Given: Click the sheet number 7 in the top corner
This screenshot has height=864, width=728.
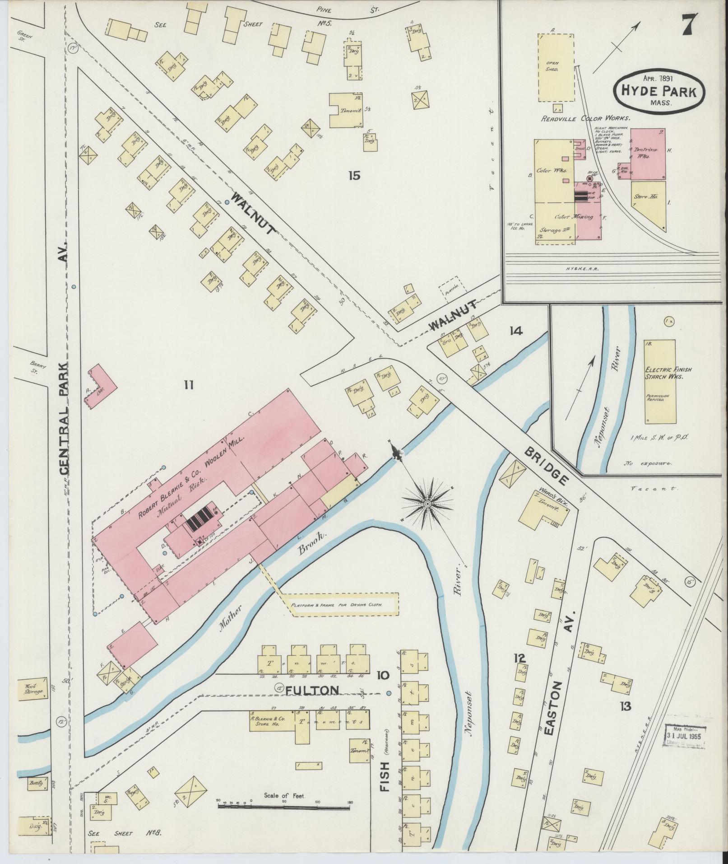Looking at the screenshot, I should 689,23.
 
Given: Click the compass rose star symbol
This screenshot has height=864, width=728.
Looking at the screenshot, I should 427,503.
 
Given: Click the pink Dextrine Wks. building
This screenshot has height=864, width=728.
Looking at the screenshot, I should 648,153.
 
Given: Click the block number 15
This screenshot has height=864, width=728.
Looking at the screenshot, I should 354,175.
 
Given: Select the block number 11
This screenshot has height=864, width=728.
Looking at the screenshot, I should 189,385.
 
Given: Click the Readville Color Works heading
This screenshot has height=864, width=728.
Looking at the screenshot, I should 586,118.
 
